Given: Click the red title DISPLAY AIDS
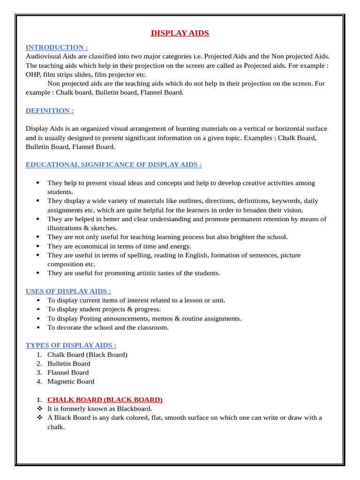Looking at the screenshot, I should pyautogui.click(x=180, y=33).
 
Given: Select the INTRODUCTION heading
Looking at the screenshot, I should pyautogui.click(x=57, y=47).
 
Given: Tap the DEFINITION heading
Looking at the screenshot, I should pyautogui.click(x=50, y=111).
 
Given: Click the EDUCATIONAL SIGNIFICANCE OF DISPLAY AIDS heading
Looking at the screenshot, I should pyautogui.click(x=114, y=165).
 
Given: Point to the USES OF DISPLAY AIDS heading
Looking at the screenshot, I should pyautogui.click(x=68, y=292).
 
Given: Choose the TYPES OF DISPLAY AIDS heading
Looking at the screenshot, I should pyautogui.click(x=71, y=345).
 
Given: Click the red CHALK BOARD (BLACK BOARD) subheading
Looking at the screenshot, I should pyautogui.click(x=105, y=400).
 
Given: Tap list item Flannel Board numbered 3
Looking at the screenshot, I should pyautogui.click(x=68, y=373).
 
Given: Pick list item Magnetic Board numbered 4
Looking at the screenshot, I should pyautogui.click(x=71, y=382).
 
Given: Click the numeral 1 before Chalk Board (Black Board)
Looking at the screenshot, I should pyautogui.click(x=39, y=355).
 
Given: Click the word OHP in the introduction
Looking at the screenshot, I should pyautogui.click(x=33, y=75).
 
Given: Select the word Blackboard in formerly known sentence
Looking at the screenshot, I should pyautogui.click(x=134, y=409).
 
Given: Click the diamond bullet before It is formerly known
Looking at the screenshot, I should pyautogui.click(x=39, y=409).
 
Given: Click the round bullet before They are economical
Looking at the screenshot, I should pyautogui.click(x=37, y=246).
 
